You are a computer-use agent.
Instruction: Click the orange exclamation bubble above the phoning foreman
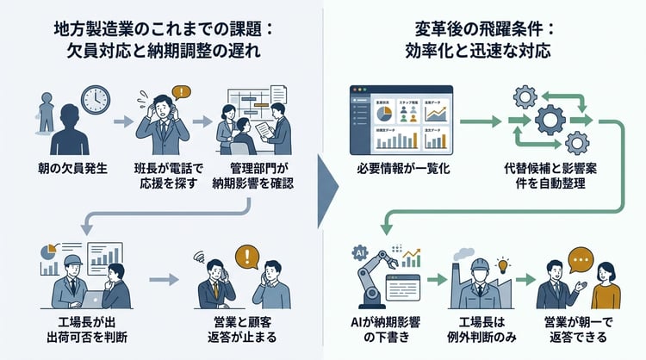(x=180, y=91)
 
